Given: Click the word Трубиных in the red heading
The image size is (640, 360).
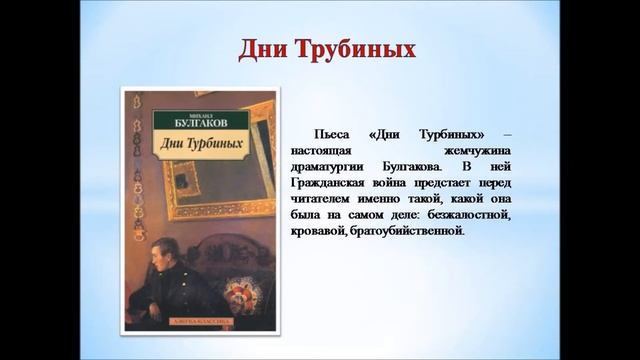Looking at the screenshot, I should coord(357,49).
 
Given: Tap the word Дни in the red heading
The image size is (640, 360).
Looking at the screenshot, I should coord(264,49).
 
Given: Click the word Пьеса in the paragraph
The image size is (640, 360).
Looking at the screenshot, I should coord(333,134).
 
